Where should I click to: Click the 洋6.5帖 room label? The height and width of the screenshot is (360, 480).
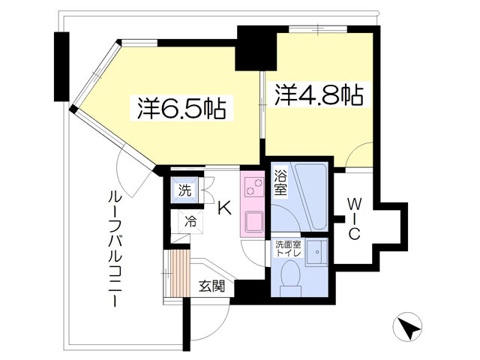(181, 108)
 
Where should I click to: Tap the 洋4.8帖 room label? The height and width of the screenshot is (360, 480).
(319, 94)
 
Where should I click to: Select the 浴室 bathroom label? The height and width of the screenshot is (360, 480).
(280, 182)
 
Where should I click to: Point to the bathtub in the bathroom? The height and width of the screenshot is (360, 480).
(310, 197)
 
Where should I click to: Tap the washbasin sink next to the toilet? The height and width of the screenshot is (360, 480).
(317, 252)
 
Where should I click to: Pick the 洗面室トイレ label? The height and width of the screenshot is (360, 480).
(289, 248)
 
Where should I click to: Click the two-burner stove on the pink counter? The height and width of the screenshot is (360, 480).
(253, 187)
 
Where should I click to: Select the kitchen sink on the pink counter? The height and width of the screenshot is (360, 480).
(253, 222)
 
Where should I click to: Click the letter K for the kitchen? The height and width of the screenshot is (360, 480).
(224, 208)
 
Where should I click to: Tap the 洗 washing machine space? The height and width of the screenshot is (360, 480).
(185, 190)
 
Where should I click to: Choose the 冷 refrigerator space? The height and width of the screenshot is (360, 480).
(190, 221)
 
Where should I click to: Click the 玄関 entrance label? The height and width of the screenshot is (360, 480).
(212, 286)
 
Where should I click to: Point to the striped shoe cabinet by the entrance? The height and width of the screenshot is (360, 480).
(181, 273)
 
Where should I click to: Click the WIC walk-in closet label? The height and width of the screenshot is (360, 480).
(354, 219)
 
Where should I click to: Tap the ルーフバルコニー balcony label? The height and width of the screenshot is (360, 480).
(115, 248)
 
